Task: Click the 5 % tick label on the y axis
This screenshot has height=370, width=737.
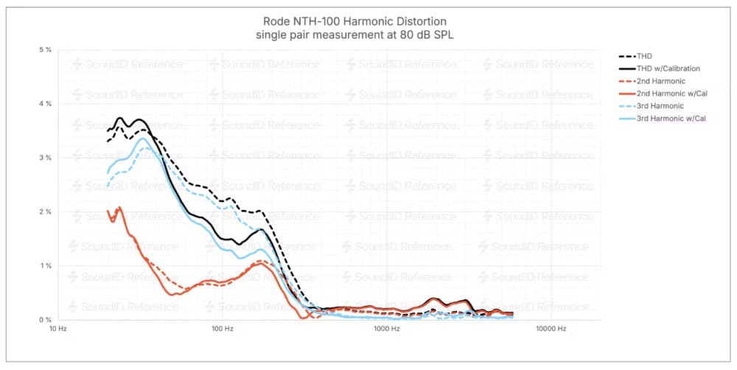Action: tap(45, 49)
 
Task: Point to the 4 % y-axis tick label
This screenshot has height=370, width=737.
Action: tap(45, 104)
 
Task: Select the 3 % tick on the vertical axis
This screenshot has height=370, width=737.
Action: tap(45, 158)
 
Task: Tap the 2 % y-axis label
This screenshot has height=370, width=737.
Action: tap(45, 212)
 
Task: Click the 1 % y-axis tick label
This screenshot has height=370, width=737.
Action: tap(45, 265)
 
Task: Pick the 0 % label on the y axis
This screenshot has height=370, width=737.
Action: tap(45, 320)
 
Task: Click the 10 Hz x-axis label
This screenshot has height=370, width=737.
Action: tap(58, 329)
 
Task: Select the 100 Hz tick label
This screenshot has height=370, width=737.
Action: tap(222, 329)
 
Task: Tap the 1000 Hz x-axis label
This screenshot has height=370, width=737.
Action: tap(385, 329)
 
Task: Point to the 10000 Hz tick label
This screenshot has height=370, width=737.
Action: tap(550, 329)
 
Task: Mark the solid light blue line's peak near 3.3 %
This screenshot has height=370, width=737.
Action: tap(144, 139)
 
